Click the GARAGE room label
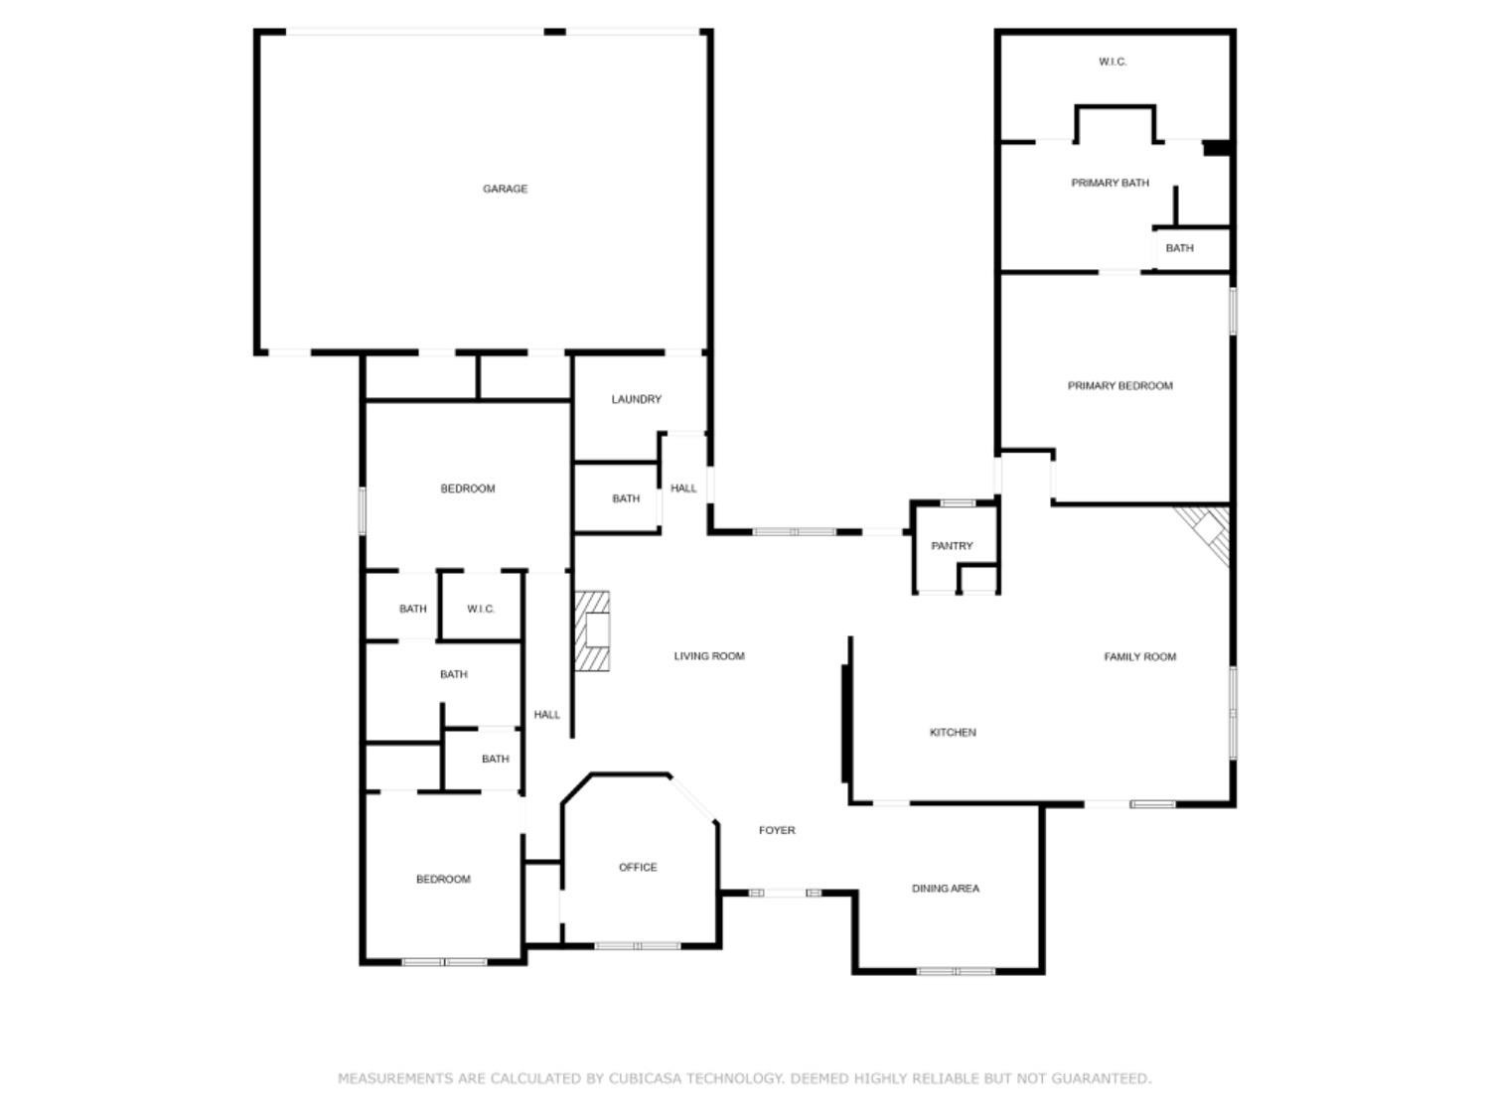tap(505, 189)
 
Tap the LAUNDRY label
tap(636, 399)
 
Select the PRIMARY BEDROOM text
tap(1119, 386)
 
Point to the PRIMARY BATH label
tap(1110, 183)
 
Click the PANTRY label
tap(952, 546)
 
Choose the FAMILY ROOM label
tap(1139, 656)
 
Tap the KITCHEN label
tap(952, 733)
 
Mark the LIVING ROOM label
tap(708, 656)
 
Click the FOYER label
tap(776, 830)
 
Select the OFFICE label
tap(638, 868)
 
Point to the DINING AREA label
tap(945, 889)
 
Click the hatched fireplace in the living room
tap(593, 631)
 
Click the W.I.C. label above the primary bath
tap(1112, 62)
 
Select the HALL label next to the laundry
tap(683, 489)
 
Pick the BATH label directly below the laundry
tap(625, 498)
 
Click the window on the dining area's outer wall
tap(955, 970)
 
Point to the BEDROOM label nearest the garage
tap(467, 489)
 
